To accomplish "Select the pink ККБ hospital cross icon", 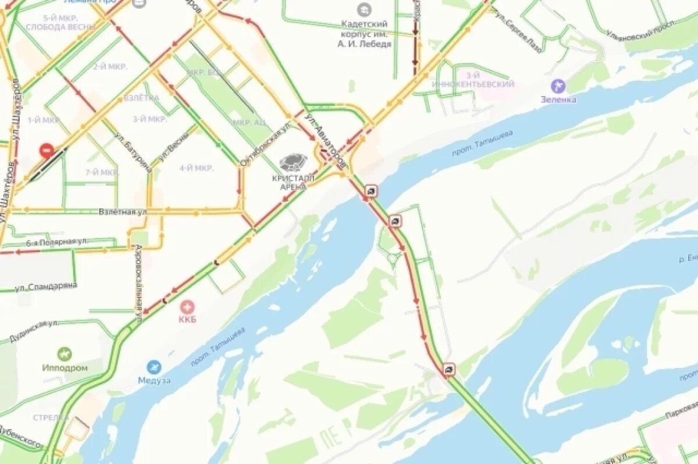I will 187,306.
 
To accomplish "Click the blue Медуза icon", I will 154,367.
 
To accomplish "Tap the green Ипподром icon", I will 65,354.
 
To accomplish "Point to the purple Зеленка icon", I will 558,86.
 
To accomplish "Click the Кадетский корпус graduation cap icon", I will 364,9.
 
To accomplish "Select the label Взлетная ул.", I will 123,212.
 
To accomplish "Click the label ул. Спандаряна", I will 46,286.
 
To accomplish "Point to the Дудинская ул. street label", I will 33,330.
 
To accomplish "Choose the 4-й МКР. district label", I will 196,168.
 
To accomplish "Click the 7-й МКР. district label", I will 102,172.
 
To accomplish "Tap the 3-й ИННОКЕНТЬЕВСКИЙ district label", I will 473,80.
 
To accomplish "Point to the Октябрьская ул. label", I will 265,144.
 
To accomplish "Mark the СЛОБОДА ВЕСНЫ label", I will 53,27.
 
